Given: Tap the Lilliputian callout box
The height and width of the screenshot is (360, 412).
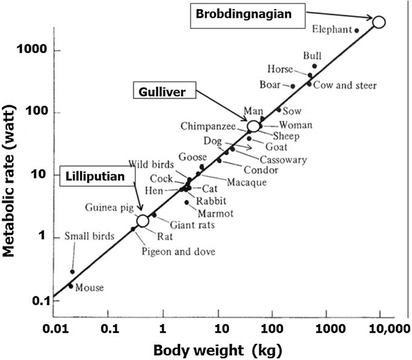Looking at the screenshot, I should pos(95,176).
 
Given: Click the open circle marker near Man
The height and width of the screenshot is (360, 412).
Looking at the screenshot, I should pos(254,126).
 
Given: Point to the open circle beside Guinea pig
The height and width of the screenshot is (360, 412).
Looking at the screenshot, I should pos(143,221).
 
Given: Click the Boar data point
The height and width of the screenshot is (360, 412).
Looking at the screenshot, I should pos(293,87).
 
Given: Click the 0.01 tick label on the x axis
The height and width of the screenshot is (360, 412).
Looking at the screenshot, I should pos(54,329).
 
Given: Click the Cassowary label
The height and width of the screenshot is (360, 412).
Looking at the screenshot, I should pos(284,160).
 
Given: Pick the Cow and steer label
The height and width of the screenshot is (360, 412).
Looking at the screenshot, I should pos(345,86).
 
